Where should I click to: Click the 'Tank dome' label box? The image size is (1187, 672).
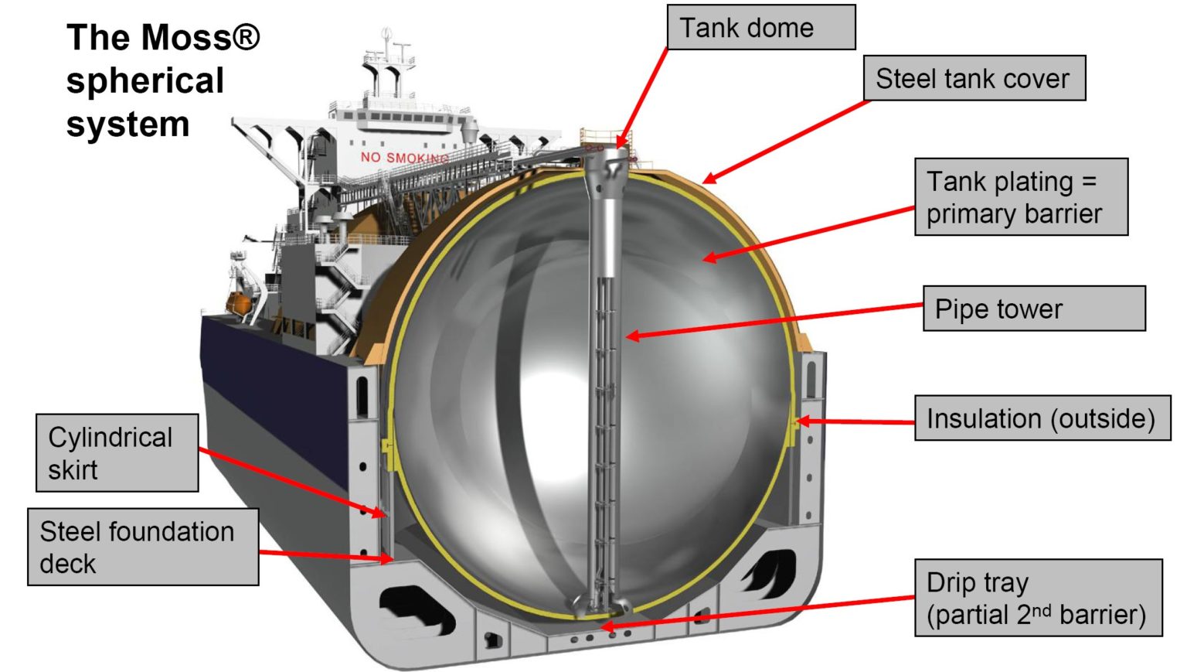coord(760,28)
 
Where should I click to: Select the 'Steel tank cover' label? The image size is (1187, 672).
coord(974,78)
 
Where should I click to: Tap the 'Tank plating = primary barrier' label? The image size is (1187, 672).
coord(1020,197)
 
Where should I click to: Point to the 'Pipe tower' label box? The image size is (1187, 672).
coord(1033,309)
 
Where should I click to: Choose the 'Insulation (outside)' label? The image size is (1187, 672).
coord(1041,418)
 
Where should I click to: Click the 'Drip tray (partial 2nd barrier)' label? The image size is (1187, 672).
coord(1037,598)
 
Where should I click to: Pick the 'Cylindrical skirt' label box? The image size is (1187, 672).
coord(117,453)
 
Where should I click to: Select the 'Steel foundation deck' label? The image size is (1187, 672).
coord(142,547)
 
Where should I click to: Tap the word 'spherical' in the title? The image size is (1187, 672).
coord(145,80)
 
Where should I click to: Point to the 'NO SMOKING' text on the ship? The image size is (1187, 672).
coord(403,158)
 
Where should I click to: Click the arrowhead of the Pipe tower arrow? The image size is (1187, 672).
coord(631,336)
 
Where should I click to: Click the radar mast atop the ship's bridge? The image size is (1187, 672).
coord(386,39)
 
